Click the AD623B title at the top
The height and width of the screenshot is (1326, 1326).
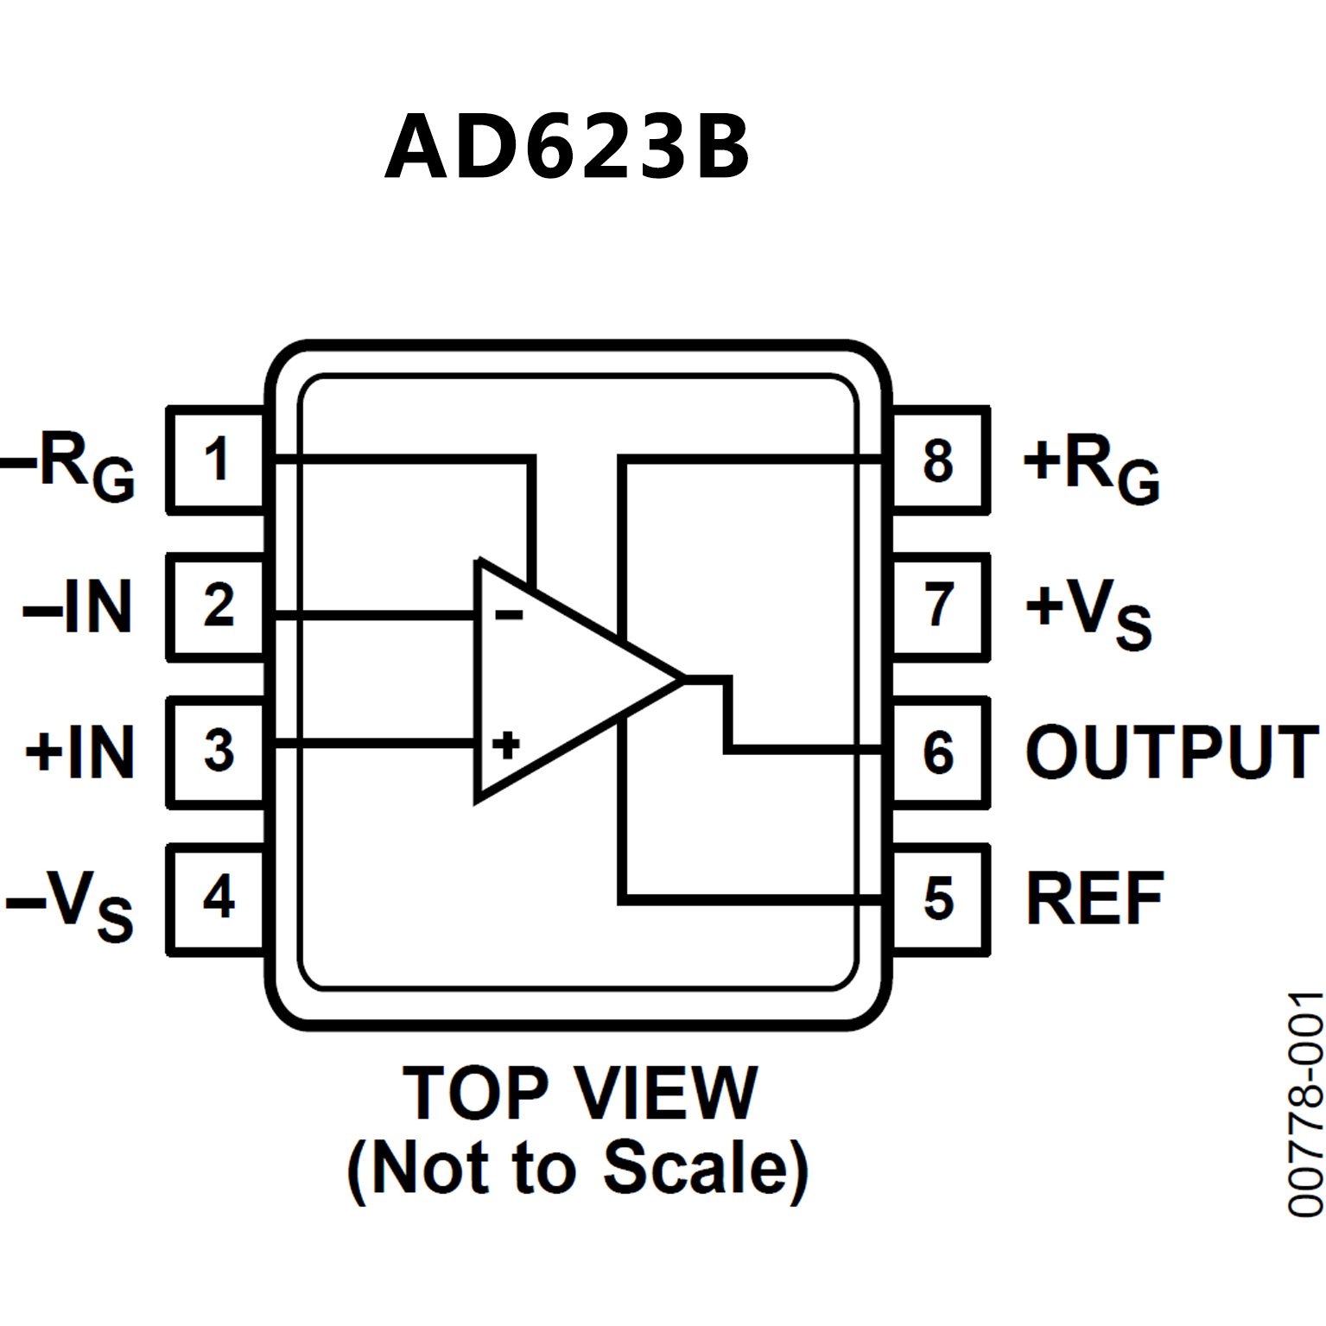point(568,147)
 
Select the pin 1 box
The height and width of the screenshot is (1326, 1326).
point(216,460)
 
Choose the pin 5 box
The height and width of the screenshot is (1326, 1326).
point(939,899)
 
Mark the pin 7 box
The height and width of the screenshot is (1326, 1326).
point(939,606)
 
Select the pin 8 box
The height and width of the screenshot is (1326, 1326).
point(939,460)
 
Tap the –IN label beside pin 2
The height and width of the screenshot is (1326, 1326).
point(78,607)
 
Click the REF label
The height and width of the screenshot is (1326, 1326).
point(1094,899)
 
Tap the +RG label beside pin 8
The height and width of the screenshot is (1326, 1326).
point(1091,466)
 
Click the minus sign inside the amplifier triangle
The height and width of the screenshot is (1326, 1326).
point(508,614)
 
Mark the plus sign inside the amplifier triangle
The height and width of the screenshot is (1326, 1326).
point(506,745)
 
